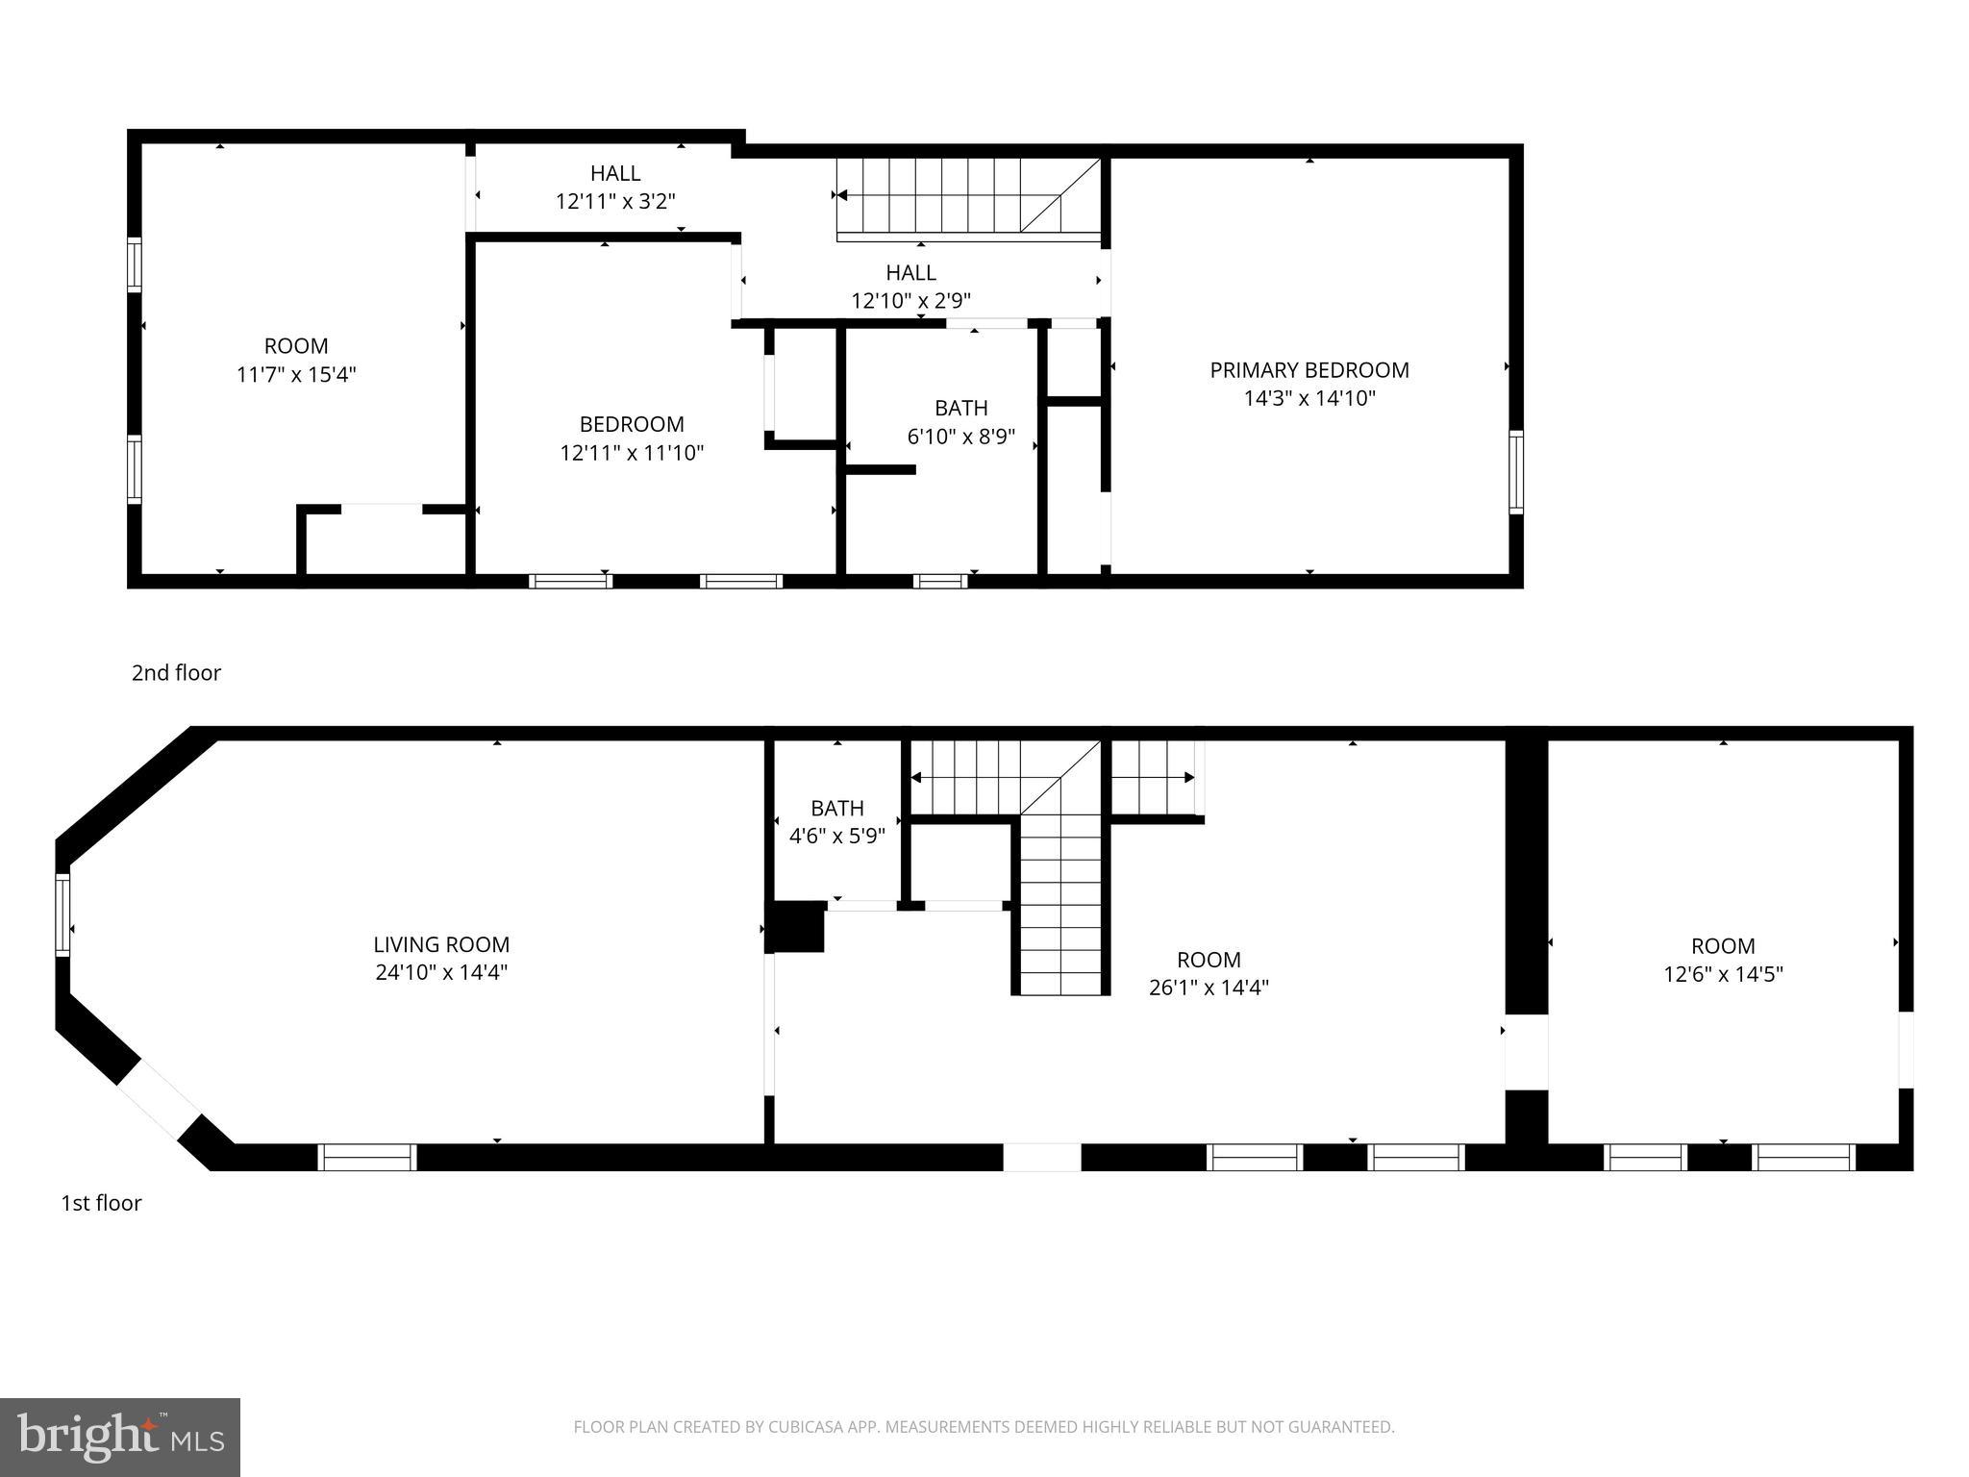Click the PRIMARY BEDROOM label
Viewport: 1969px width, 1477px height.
(x=1309, y=370)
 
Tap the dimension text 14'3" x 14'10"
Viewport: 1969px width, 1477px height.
(x=1309, y=398)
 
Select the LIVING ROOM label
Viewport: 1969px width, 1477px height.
(x=441, y=944)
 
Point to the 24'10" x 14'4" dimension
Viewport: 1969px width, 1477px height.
(x=441, y=972)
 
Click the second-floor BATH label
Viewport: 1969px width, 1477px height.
(x=960, y=408)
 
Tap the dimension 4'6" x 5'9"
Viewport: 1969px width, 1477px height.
(x=836, y=836)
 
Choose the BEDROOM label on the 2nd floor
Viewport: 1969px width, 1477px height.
(x=632, y=424)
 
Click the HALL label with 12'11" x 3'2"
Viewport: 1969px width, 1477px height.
(x=615, y=173)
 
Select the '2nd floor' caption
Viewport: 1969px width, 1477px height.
(x=176, y=673)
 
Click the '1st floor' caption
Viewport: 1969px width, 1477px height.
(x=101, y=1203)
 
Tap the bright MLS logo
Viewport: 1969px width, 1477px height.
(x=120, y=1437)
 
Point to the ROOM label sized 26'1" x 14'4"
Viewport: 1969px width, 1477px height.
(x=1209, y=960)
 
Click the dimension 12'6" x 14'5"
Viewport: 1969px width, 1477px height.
(x=1723, y=974)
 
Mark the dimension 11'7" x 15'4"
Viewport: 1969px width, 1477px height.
(x=296, y=374)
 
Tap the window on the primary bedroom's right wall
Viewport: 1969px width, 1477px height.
(x=1516, y=472)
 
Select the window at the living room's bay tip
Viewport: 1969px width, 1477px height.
(x=62, y=914)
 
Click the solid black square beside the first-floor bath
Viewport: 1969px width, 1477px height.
(x=797, y=926)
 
